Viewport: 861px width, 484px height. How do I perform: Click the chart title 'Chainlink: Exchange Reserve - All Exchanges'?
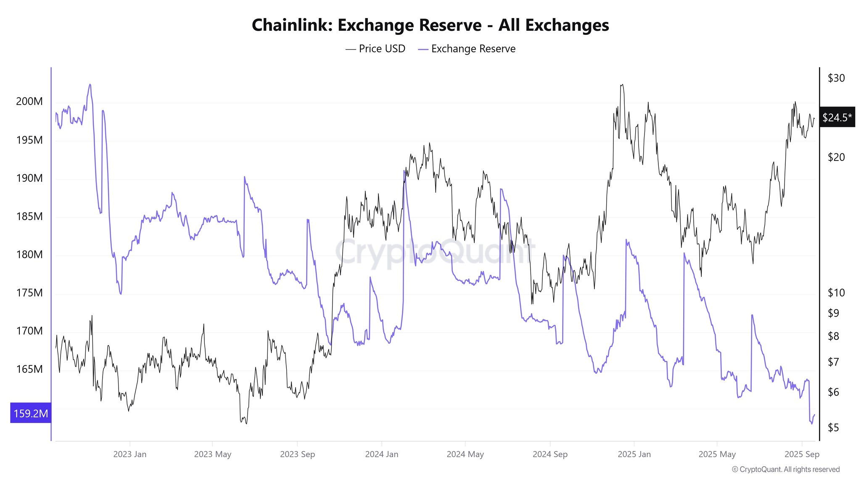coord(430,25)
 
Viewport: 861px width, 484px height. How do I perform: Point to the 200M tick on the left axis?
coord(29,101)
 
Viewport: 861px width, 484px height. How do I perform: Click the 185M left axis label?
coord(29,216)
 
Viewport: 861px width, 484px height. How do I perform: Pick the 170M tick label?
coord(29,331)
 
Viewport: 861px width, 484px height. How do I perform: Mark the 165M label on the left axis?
coord(29,369)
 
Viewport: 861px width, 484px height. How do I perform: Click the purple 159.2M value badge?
coord(31,413)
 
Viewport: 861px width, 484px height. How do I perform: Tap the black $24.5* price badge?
coord(837,117)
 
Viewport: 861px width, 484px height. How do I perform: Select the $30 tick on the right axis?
coord(836,78)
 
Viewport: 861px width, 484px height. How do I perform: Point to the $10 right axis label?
coord(836,293)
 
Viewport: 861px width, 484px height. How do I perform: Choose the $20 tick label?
coord(836,157)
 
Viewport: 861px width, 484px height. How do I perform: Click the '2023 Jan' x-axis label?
coord(130,454)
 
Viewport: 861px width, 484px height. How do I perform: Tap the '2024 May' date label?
coord(465,454)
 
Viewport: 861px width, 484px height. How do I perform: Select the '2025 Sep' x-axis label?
coord(802,454)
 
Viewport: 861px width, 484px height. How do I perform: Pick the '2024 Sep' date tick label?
coord(550,454)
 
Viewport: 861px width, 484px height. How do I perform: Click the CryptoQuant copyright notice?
coord(785,469)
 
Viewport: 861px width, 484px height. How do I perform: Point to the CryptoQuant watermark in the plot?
coord(435,252)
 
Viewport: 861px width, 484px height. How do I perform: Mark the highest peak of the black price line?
coord(622,84)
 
